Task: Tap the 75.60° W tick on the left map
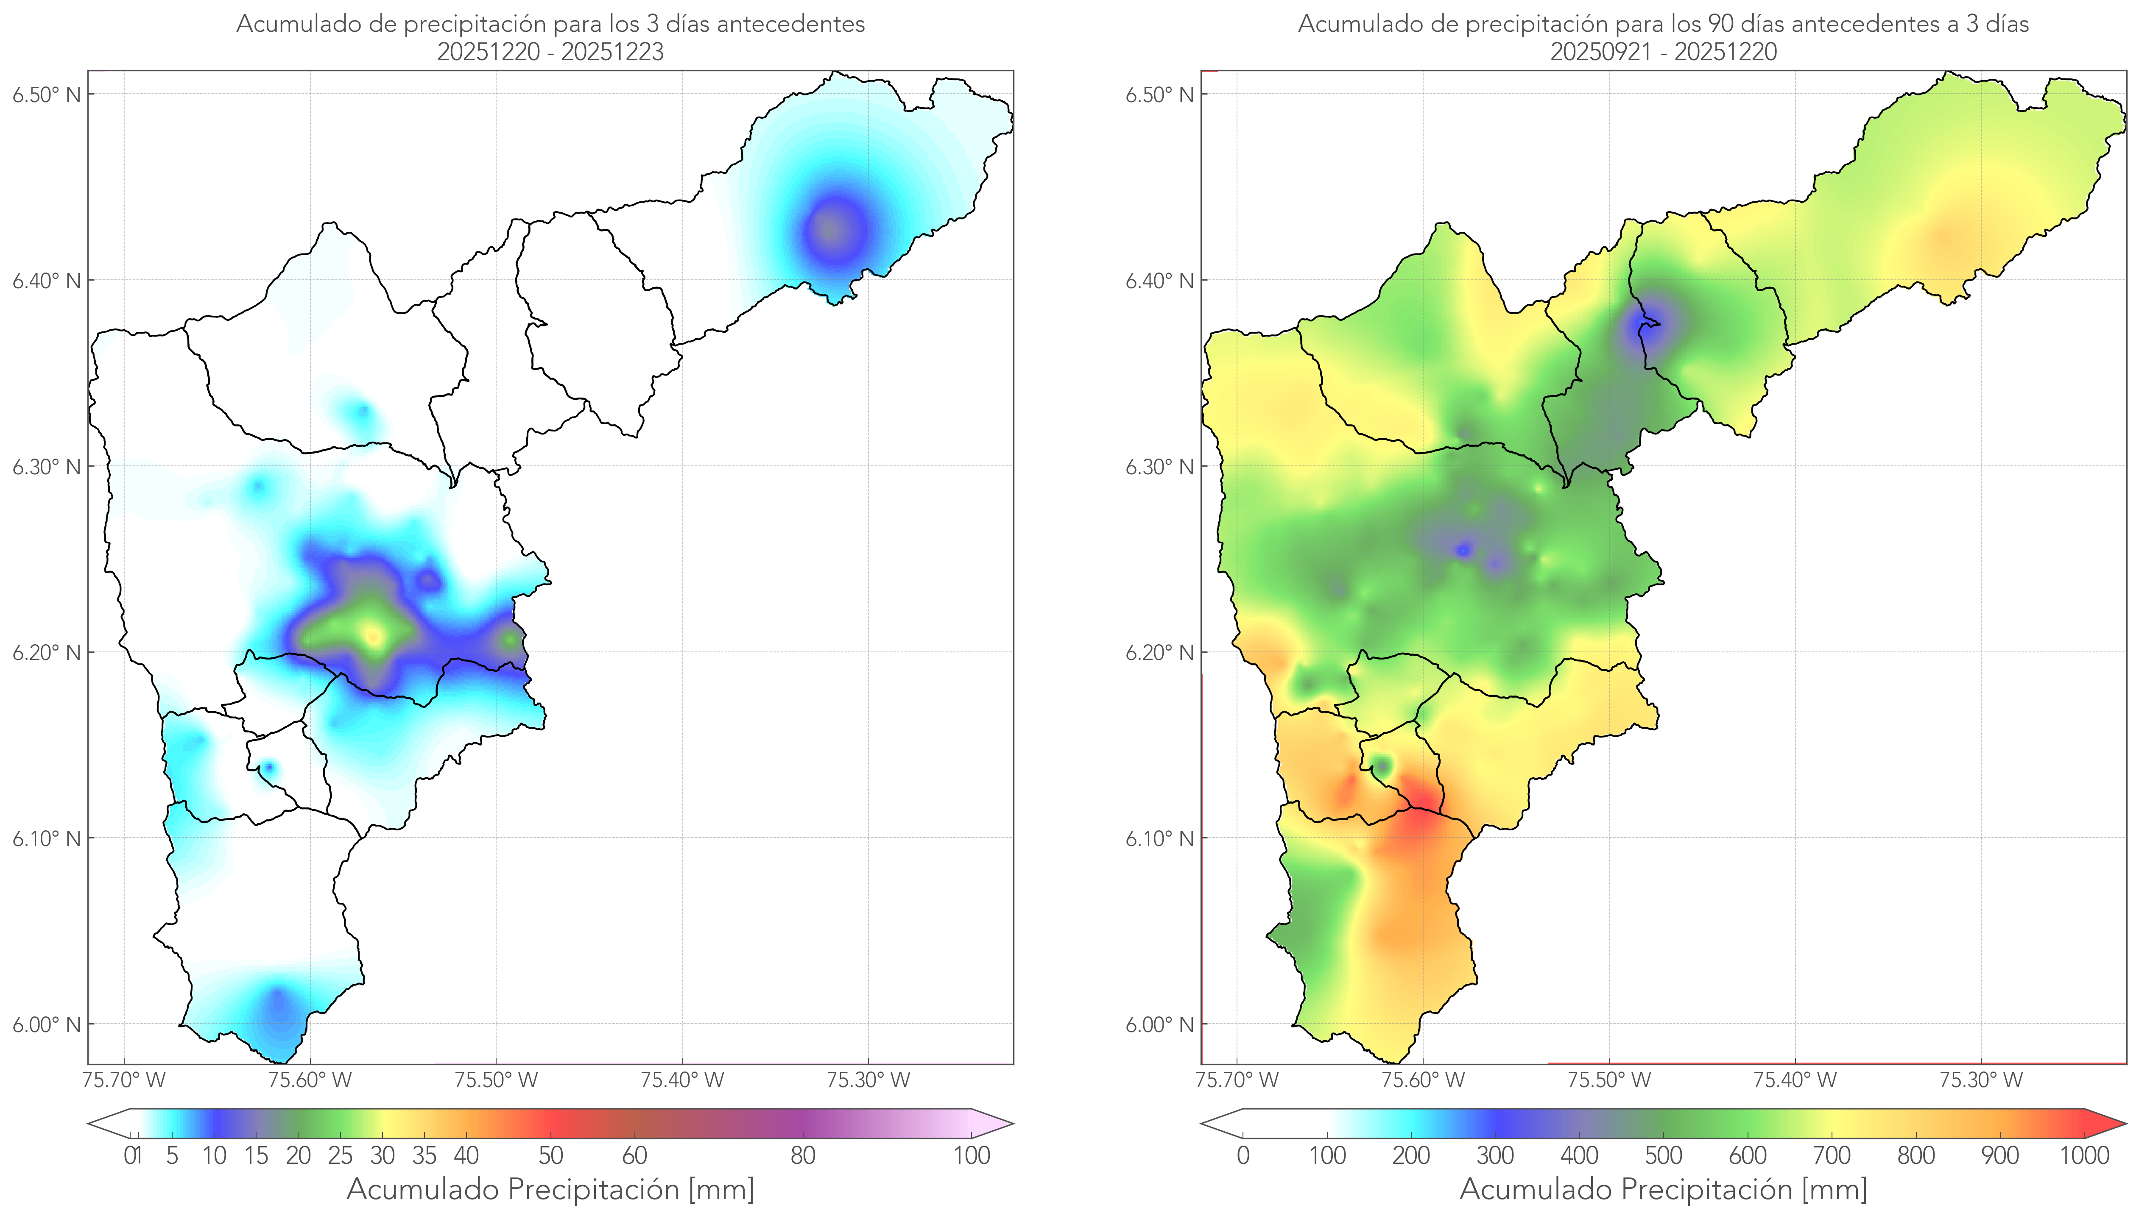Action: tap(310, 1080)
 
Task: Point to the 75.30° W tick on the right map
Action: tap(1981, 1080)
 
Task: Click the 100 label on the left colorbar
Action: tap(972, 1155)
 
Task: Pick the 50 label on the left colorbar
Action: tap(550, 1155)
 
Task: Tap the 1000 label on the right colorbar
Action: tap(2084, 1155)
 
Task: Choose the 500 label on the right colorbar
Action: tap(1663, 1155)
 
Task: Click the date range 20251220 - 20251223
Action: tap(550, 52)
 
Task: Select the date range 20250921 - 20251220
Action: tap(1663, 52)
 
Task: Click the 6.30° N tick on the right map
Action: tap(1160, 466)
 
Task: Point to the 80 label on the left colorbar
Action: tap(802, 1155)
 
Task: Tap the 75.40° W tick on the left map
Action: tap(682, 1080)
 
